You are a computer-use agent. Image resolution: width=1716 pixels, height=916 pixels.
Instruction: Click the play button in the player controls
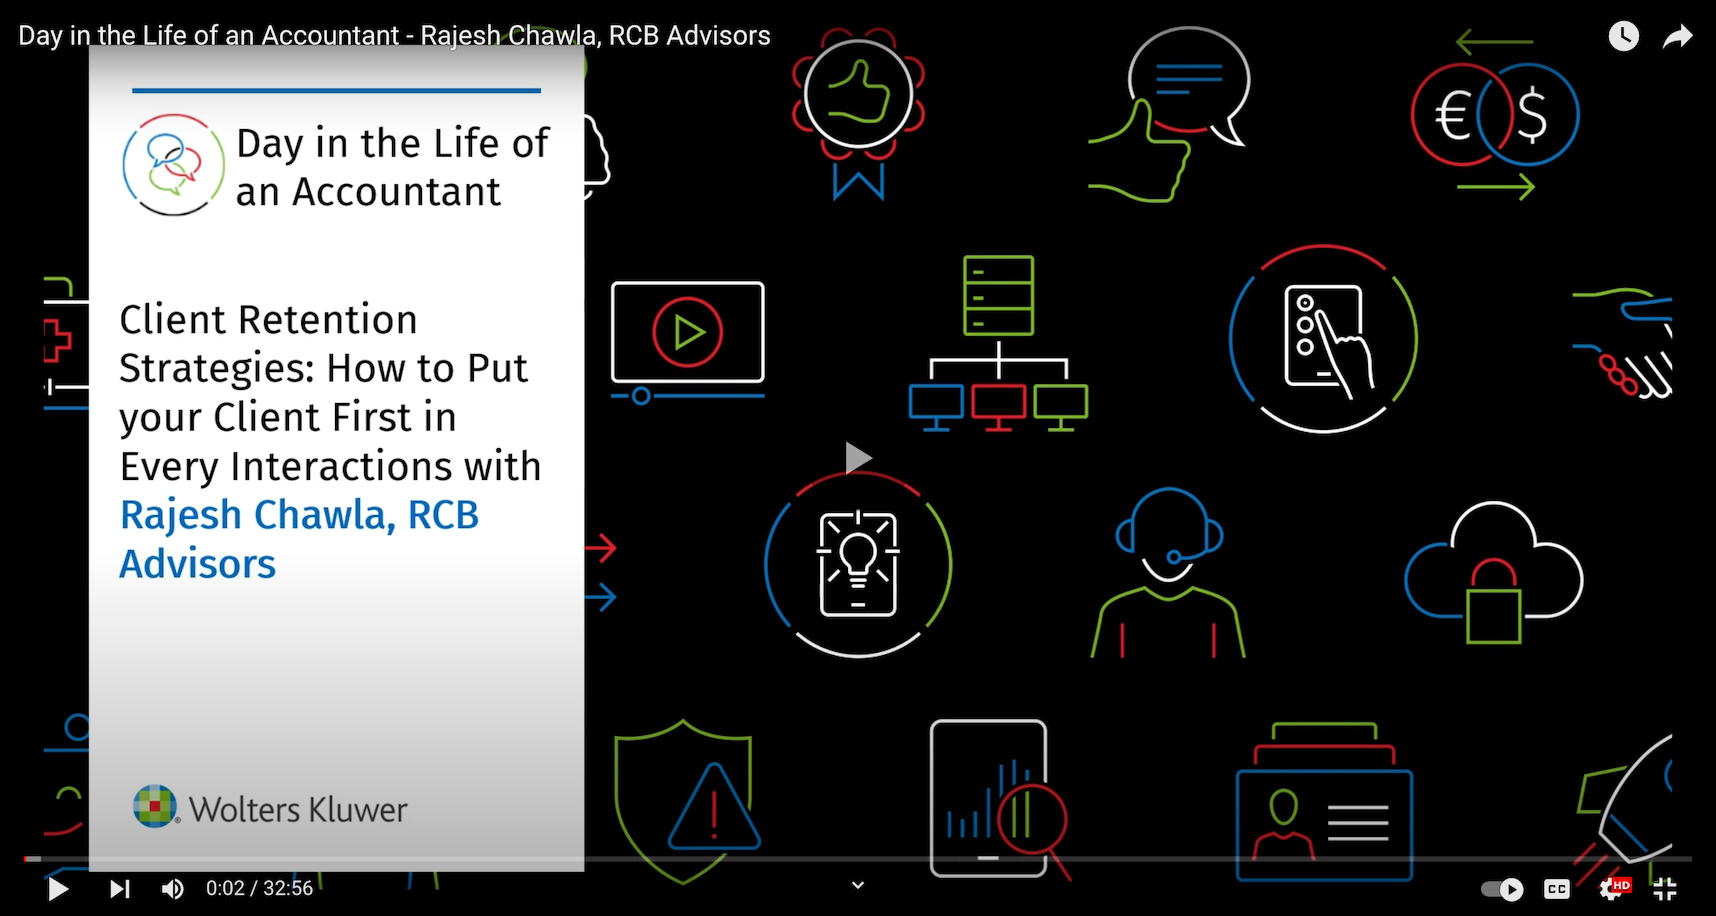click(x=58, y=888)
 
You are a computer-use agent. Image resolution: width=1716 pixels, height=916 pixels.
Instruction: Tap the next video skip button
click(x=120, y=888)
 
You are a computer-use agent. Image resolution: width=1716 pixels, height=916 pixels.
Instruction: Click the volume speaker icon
click(x=173, y=888)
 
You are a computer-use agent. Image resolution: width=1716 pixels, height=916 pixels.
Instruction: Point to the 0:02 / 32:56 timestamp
click(x=259, y=888)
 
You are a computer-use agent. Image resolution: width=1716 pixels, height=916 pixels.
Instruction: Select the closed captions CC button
click(x=1557, y=889)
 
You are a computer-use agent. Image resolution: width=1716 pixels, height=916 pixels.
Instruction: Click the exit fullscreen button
click(x=1665, y=888)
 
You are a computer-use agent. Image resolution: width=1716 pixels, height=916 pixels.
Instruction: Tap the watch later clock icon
click(x=1623, y=36)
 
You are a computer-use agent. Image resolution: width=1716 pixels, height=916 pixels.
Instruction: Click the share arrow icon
click(x=1677, y=37)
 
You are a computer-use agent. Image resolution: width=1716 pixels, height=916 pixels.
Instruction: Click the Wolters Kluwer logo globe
click(x=155, y=806)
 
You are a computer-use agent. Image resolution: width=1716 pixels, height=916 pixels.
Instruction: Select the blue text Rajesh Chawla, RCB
click(x=299, y=515)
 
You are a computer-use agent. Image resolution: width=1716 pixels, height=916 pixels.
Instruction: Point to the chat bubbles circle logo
click(x=173, y=165)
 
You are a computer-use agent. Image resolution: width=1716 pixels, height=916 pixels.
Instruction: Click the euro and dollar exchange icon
click(x=1495, y=114)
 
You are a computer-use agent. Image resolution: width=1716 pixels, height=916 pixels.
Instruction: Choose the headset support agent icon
click(x=1168, y=572)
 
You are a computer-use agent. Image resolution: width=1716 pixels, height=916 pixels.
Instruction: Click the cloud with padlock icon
click(x=1493, y=573)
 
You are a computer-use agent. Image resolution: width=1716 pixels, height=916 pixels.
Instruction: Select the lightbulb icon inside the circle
click(x=858, y=565)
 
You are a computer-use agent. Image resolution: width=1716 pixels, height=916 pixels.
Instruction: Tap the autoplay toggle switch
click(x=1502, y=889)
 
